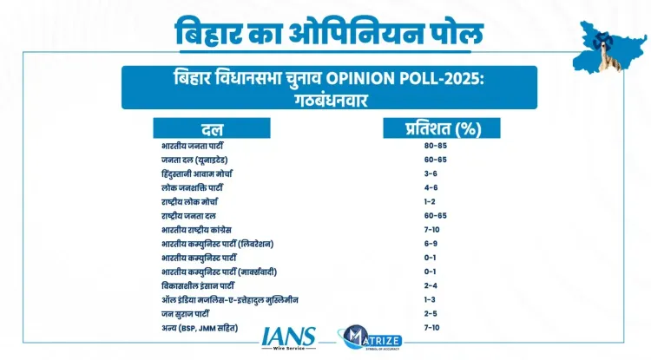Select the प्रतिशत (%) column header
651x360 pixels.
pyautogui.click(x=444, y=130)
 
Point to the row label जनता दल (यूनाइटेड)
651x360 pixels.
pyautogui.click(x=192, y=160)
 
